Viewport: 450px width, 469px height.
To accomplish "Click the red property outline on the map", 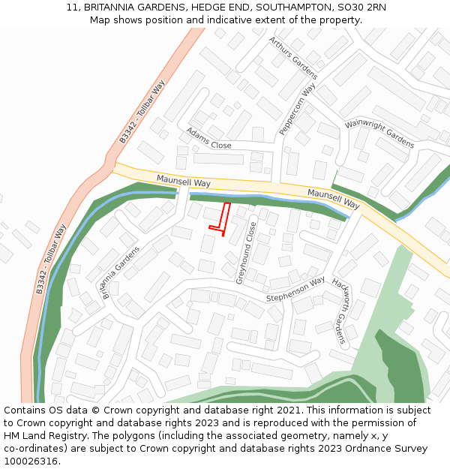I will (x=221, y=218).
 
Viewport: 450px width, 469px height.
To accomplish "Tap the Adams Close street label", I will (x=208, y=137).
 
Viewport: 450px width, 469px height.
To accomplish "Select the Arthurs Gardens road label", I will (x=293, y=59).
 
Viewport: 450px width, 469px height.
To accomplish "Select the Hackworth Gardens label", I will (x=338, y=313).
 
